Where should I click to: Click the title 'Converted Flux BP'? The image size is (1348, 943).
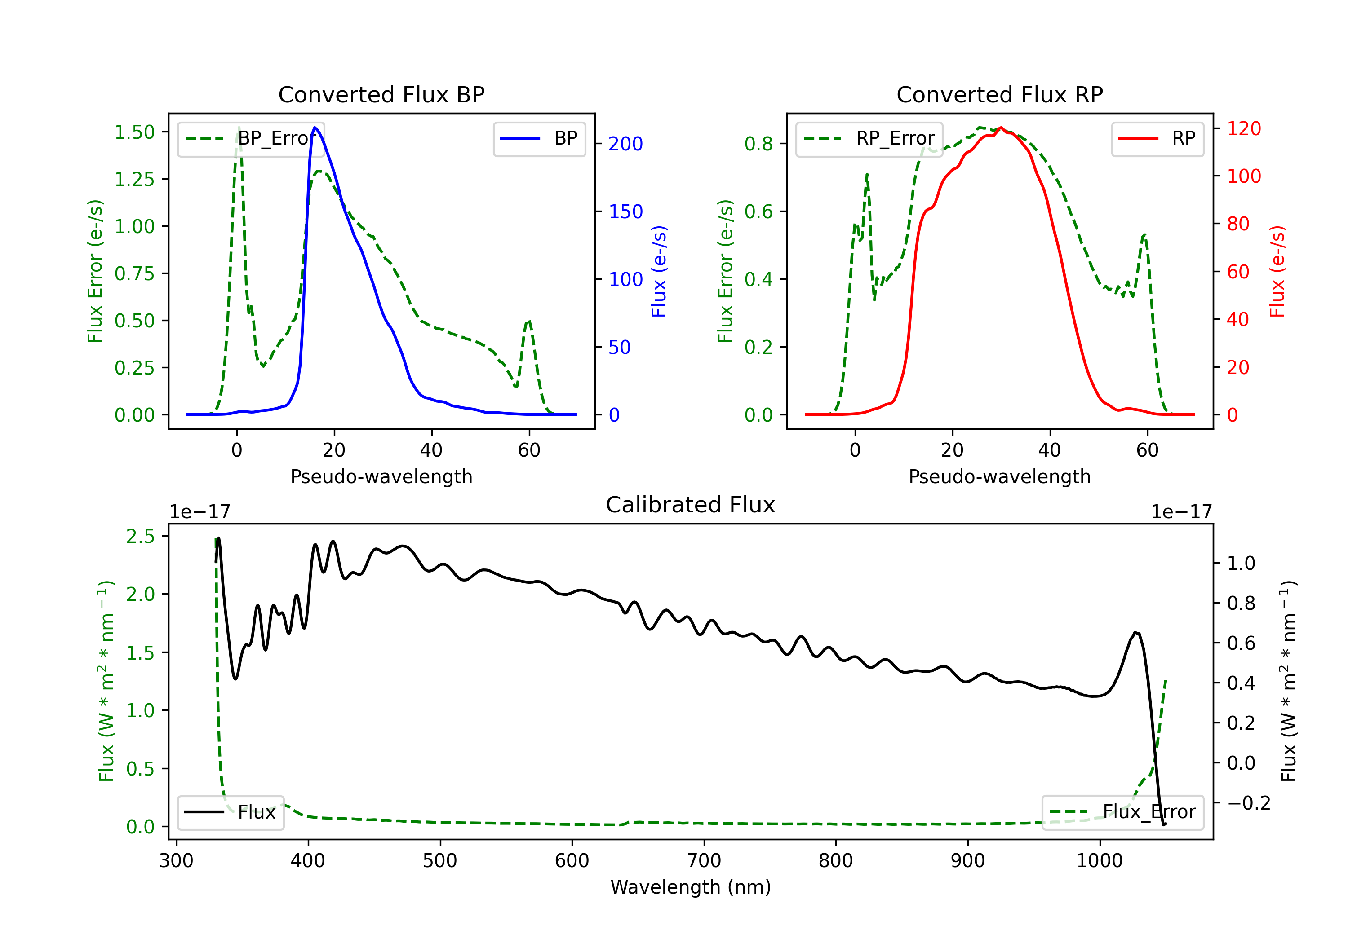click(381, 94)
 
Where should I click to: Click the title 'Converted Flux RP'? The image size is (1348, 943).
click(999, 94)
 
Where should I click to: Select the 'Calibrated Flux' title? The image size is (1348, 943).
click(691, 505)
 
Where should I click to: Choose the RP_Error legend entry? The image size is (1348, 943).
click(869, 138)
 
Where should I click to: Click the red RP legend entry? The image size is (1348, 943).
click(1157, 138)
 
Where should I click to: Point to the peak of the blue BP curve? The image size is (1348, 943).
click(315, 128)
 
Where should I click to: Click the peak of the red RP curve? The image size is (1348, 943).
click(1001, 128)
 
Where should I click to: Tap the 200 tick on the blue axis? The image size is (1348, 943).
click(625, 144)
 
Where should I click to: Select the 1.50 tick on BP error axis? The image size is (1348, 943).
click(134, 132)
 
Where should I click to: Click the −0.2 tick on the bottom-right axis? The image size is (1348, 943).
click(1249, 803)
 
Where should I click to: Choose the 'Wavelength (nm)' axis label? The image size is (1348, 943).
click(691, 887)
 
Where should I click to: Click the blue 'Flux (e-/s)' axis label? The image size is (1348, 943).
click(659, 272)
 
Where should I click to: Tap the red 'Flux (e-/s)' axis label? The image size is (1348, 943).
click(1277, 272)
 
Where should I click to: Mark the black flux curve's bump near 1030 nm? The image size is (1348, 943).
click(1136, 633)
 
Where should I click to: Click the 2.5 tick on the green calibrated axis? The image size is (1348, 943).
click(140, 536)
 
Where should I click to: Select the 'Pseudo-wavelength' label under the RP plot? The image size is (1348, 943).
click(999, 476)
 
